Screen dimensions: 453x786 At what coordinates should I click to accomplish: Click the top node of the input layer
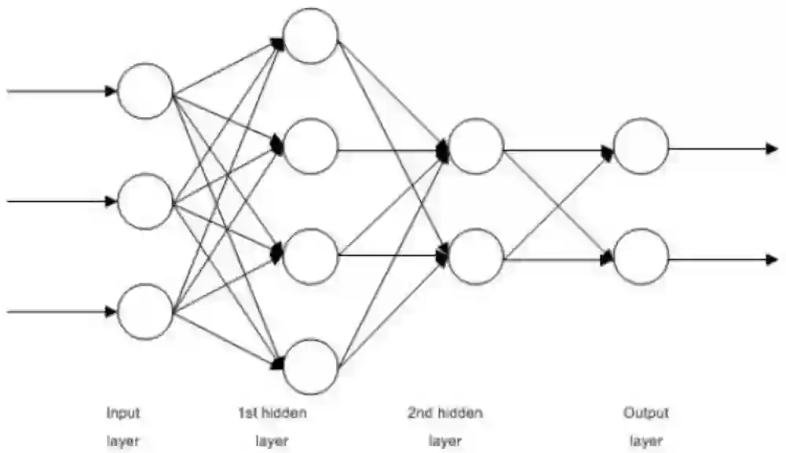tap(144, 91)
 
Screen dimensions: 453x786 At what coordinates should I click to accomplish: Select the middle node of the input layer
tap(144, 201)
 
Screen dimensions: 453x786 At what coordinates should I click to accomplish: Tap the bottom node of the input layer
tap(144, 312)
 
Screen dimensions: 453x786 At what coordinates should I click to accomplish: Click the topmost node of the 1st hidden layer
tap(311, 35)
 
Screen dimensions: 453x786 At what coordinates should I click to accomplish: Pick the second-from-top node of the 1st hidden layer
tap(311, 145)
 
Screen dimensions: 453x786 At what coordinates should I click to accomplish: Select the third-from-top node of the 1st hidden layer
tap(311, 256)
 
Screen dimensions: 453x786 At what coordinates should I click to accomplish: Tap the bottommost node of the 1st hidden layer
tap(311, 366)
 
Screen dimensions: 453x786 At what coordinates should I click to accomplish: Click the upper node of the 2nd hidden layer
tap(477, 146)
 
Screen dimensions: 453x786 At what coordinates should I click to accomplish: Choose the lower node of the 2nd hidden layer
tap(477, 256)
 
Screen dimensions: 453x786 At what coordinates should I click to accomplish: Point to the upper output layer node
tap(642, 146)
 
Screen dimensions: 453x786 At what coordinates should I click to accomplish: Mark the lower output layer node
tap(642, 256)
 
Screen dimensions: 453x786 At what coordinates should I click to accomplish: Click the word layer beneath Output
tap(646, 440)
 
